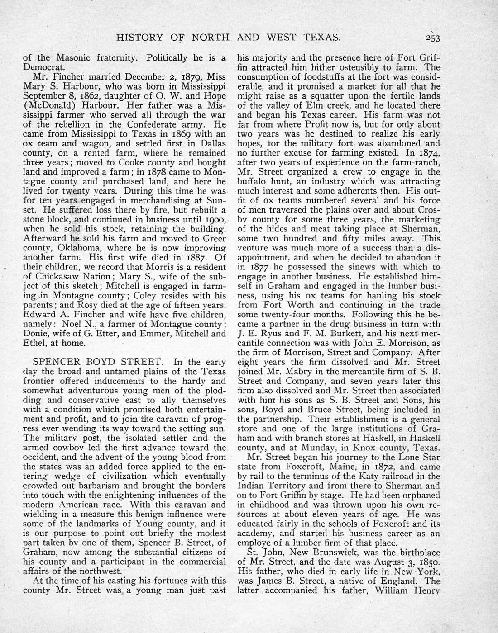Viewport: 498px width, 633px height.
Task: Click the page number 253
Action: click(x=432, y=38)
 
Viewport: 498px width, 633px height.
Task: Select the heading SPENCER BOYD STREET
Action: click(x=98, y=362)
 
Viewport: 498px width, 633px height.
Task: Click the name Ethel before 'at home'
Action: click(x=35, y=343)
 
